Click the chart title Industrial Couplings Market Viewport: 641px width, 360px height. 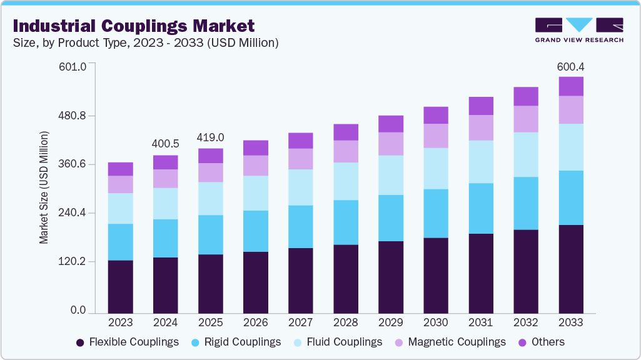tap(133, 26)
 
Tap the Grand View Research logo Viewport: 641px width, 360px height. tap(578, 29)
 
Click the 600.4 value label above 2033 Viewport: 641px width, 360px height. tap(571, 66)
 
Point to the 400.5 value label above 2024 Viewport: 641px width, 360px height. tap(166, 144)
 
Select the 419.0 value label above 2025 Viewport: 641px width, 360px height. tap(211, 137)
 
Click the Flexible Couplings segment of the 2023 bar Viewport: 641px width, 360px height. tap(121, 286)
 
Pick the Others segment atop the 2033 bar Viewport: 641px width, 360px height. tap(571, 86)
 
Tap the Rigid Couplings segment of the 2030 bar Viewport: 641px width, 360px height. tap(436, 213)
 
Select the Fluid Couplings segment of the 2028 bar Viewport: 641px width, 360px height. tap(346, 181)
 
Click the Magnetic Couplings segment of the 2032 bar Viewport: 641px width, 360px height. tap(526, 119)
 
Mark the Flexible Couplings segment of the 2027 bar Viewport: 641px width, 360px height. tap(301, 281)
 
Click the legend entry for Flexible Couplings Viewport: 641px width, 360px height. tap(127, 342)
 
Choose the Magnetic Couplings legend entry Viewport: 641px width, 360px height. tap(450, 342)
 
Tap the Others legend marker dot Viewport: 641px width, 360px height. tap(522, 342)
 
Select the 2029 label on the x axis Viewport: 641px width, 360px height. tap(391, 322)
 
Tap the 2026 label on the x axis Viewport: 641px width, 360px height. tap(256, 322)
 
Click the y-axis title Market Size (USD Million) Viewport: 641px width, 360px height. tap(44, 187)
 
